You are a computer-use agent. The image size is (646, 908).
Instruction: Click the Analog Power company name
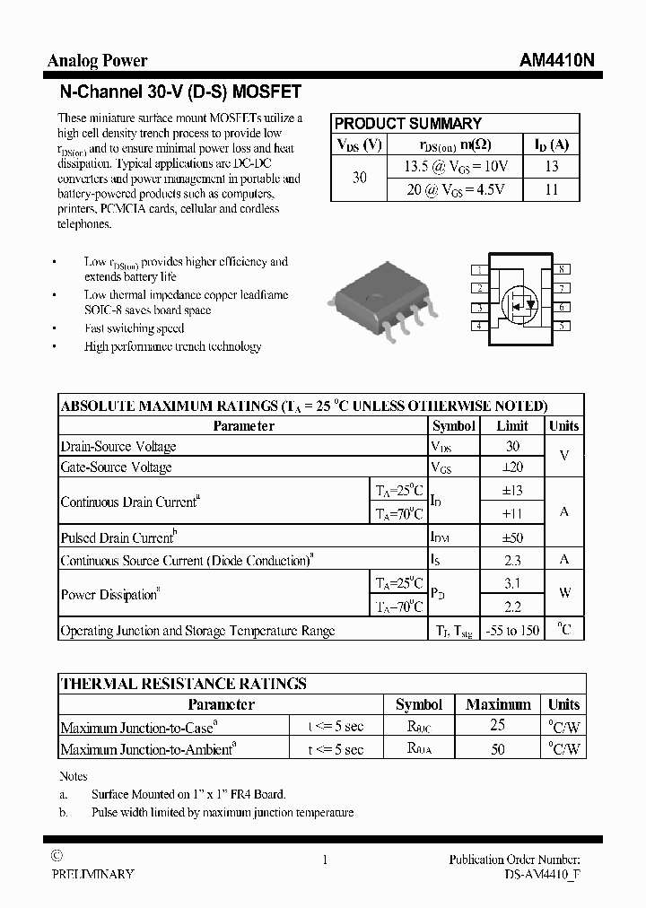97,61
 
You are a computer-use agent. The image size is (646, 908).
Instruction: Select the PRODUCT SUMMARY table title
408,124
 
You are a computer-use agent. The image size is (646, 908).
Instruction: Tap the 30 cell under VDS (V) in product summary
359,178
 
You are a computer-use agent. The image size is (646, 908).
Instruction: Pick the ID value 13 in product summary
552,166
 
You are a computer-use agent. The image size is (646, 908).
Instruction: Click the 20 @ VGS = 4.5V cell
456,189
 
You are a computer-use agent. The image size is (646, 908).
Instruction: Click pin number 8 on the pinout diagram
561,270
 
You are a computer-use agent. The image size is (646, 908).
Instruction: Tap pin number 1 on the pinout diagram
480,270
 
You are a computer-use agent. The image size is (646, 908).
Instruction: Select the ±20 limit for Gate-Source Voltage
513,467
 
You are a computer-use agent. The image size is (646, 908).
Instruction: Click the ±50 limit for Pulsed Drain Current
513,538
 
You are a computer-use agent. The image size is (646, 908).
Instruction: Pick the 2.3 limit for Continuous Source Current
513,561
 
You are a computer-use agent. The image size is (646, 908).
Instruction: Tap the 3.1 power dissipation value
513,583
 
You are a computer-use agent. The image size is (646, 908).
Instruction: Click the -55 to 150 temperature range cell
513,631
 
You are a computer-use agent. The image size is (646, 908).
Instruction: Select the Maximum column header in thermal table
498,704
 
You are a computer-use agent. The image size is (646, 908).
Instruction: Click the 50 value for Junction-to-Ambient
498,749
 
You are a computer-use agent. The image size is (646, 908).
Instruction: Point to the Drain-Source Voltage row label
118,447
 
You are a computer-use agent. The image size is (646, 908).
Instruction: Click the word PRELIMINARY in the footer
93,874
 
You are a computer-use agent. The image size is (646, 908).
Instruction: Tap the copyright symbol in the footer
57,858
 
